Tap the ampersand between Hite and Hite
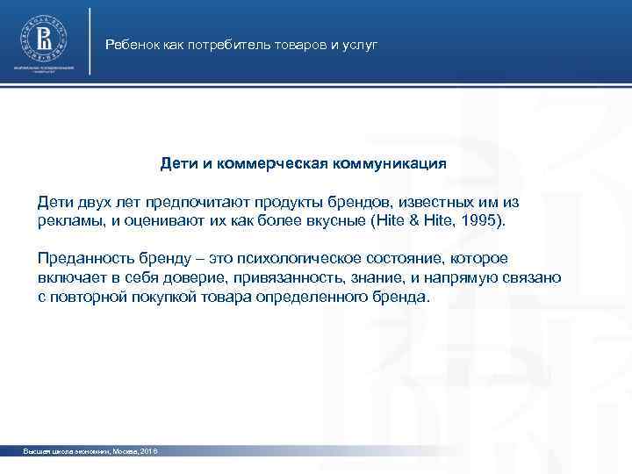tap(420, 220)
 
